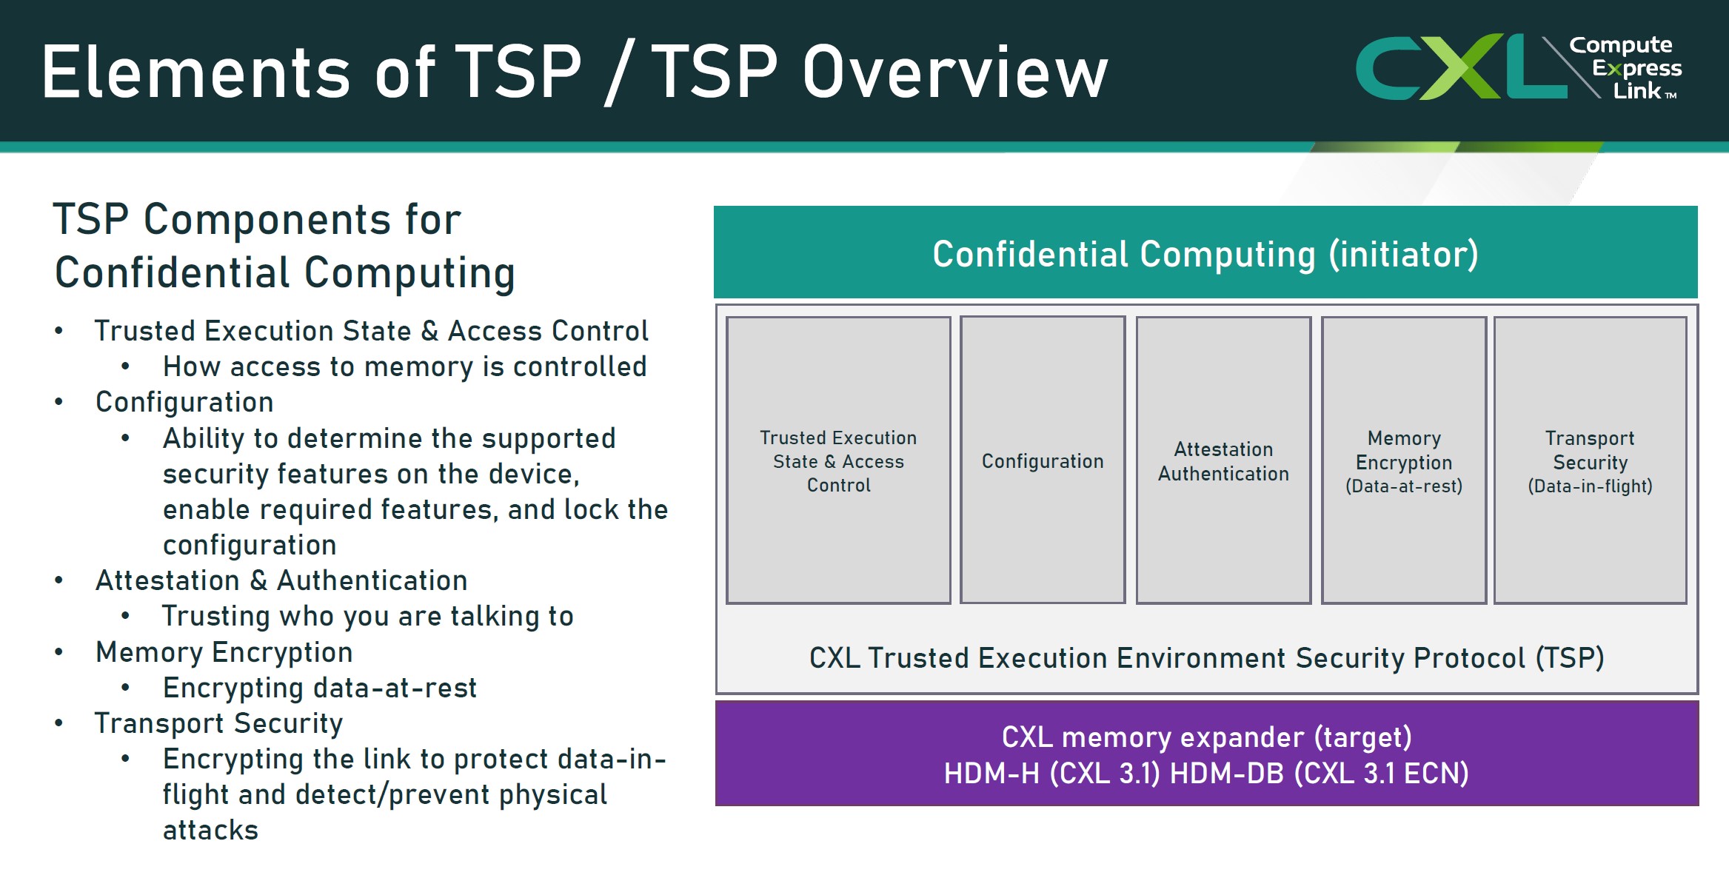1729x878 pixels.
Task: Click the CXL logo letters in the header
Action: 1461,67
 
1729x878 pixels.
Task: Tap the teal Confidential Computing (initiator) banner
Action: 1205,252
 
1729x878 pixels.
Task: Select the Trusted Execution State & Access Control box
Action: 838,460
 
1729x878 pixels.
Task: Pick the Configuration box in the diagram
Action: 1043,460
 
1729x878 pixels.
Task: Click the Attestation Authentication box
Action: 1223,460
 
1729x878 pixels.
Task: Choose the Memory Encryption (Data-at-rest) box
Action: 1404,460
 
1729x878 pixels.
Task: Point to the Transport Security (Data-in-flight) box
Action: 1591,460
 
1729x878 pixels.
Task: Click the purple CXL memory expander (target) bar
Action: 1206,754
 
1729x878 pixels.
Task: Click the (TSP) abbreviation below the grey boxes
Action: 1570,658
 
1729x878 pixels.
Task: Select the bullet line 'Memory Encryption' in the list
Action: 224,652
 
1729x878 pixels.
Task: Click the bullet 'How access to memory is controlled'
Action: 404,366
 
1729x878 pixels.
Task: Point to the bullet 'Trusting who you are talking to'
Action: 368,616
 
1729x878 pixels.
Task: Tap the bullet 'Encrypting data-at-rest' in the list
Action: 320,688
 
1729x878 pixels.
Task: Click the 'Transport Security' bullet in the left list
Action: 219,723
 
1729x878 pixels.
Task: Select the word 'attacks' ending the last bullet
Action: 211,831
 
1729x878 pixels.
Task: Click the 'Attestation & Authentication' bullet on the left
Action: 281,580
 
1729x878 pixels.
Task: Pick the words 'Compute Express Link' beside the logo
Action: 1625,67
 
